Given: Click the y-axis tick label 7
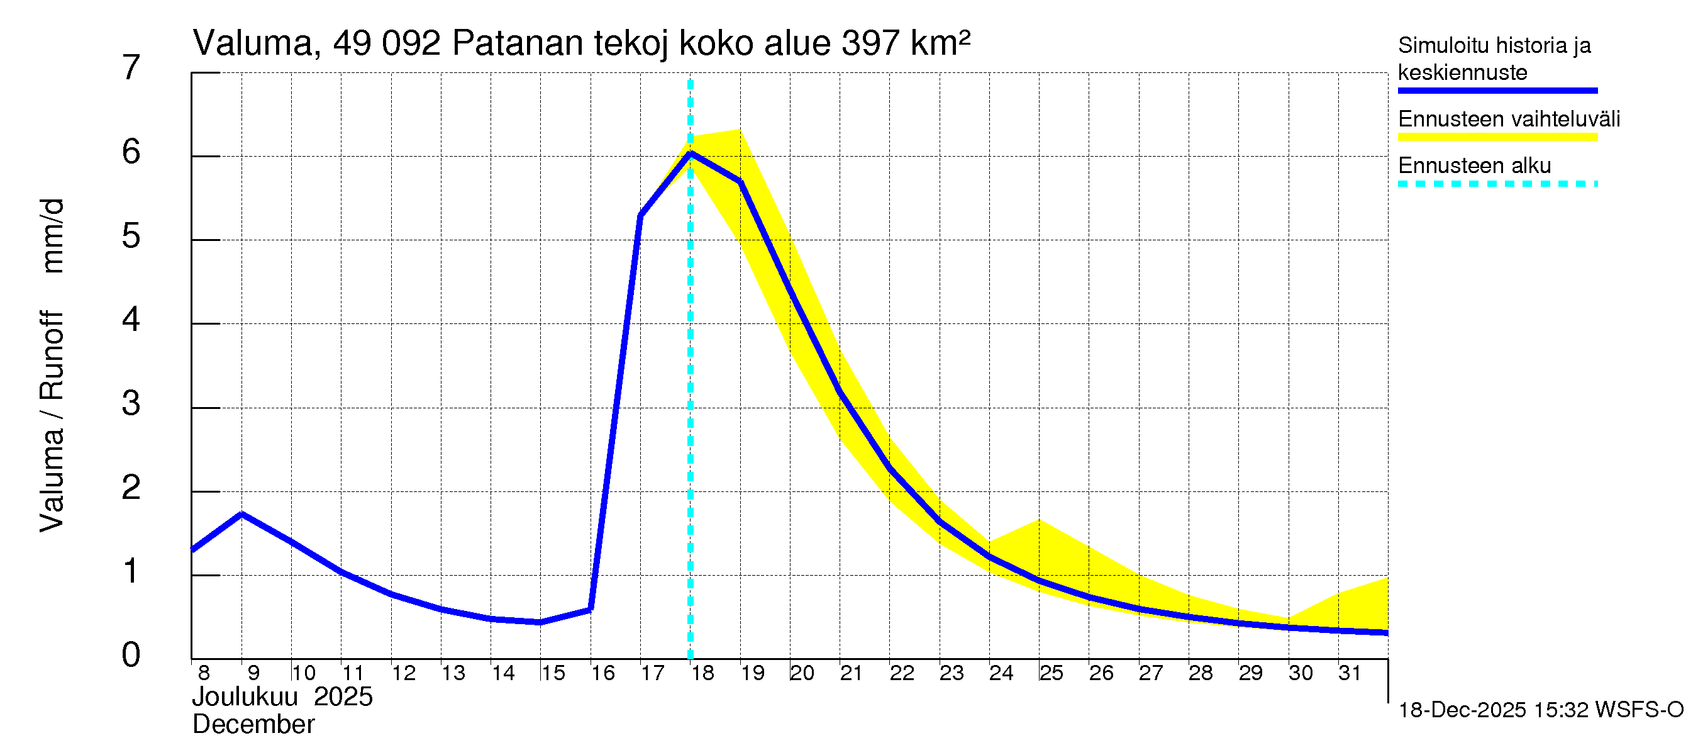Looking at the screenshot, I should (131, 68).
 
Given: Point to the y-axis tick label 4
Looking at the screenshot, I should (131, 320).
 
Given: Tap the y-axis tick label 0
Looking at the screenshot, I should (131, 655).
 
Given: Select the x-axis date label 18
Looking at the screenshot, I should (702, 673).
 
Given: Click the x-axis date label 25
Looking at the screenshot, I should (1052, 673).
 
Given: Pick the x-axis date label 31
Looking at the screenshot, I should (1350, 673).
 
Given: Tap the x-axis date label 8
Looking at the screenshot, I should (204, 673).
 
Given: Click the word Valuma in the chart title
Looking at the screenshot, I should (252, 43).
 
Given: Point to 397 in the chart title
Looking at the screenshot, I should (870, 43).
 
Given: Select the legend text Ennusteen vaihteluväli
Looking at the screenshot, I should (1509, 120).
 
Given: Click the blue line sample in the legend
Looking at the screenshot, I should (1497, 91).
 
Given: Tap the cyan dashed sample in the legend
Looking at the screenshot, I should (1497, 184).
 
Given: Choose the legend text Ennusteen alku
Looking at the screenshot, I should (1475, 165).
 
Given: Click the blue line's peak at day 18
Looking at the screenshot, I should (690, 154).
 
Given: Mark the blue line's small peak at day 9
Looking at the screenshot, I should (242, 513).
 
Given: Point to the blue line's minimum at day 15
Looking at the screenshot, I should (540, 622).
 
